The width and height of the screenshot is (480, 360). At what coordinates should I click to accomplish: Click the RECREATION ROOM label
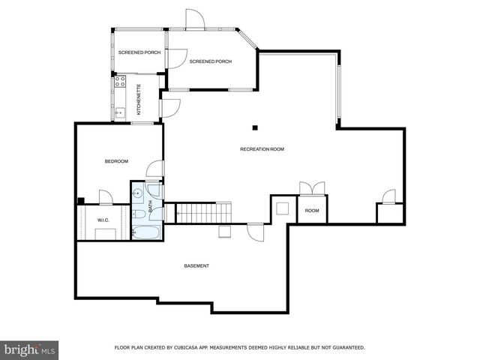pyautogui.click(x=262, y=149)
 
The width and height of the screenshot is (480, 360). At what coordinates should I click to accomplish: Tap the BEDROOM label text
pyautogui.click(x=115, y=161)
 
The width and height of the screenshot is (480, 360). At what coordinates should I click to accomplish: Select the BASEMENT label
pyautogui.click(x=196, y=266)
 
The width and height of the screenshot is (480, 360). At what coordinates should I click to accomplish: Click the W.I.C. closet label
pyautogui.click(x=103, y=220)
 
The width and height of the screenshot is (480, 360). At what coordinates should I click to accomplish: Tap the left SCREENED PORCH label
pyautogui.click(x=139, y=52)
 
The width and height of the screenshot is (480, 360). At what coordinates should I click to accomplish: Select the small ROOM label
pyautogui.click(x=311, y=211)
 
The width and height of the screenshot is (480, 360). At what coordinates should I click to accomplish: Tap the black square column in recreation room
pyautogui.click(x=255, y=127)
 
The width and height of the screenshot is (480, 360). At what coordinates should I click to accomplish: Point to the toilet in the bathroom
pyautogui.click(x=139, y=215)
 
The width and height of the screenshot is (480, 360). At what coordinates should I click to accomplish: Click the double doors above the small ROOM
pyautogui.click(x=310, y=188)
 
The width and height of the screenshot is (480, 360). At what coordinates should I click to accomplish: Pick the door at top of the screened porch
pyautogui.click(x=194, y=19)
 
